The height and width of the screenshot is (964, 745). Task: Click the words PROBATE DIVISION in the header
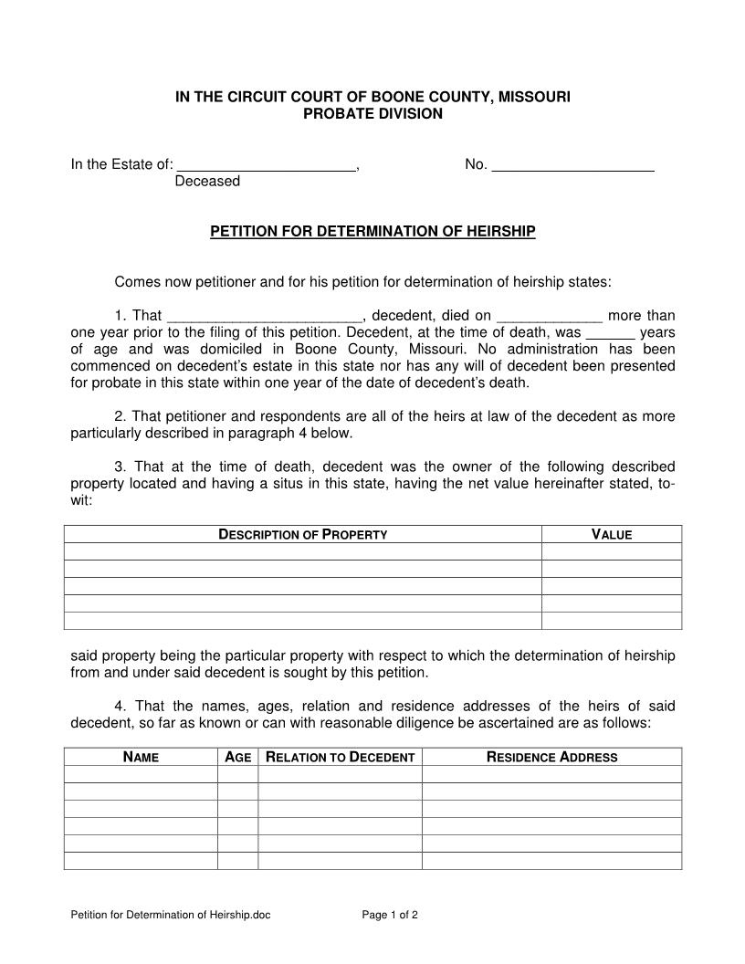pos(372,114)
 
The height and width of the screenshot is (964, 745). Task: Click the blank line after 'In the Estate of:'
pos(265,165)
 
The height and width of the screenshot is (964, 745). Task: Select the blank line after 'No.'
pos(572,165)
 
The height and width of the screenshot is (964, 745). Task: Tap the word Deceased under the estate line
pos(207,182)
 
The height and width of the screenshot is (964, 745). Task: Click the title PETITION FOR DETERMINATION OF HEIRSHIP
pos(372,232)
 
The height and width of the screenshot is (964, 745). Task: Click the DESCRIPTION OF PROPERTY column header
pos(303,535)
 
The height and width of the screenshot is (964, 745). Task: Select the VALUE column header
pos(612,535)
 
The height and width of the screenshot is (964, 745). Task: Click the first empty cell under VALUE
pos(612,551)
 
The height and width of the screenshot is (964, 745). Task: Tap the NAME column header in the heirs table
pos(141,757)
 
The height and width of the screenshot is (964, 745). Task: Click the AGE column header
pos(237,757)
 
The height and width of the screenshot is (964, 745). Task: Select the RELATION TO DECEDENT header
pos(340,757)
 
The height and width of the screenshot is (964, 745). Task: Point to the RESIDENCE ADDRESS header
pos(551,757)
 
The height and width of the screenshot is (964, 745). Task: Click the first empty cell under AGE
pos(237,774)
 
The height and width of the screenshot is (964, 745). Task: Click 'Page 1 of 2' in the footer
pos(390,915)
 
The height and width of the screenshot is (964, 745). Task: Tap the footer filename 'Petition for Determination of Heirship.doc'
pos(171,915)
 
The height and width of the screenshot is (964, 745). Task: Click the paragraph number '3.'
pos(121,466)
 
